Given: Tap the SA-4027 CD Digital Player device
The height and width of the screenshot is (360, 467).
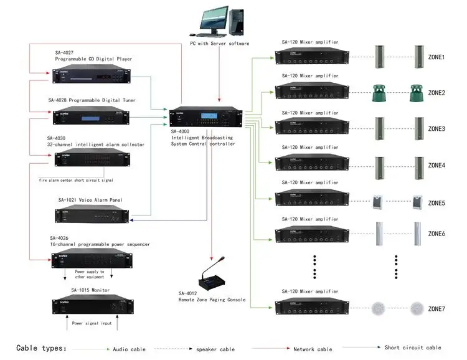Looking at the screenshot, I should coord(91,74).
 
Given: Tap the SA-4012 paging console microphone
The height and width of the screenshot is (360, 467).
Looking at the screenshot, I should coord(212,278).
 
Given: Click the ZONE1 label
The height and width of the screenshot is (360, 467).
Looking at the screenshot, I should coord(436,57).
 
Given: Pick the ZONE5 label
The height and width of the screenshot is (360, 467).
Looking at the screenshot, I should coord(436,203).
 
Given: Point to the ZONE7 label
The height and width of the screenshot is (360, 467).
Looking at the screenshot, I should coord(436,309).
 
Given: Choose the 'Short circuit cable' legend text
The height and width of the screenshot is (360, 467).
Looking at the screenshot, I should coord(413,348).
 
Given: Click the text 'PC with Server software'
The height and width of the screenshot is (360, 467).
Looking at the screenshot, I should coord(220,44).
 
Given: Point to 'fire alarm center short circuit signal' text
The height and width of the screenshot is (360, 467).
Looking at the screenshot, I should coord(76,180).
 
